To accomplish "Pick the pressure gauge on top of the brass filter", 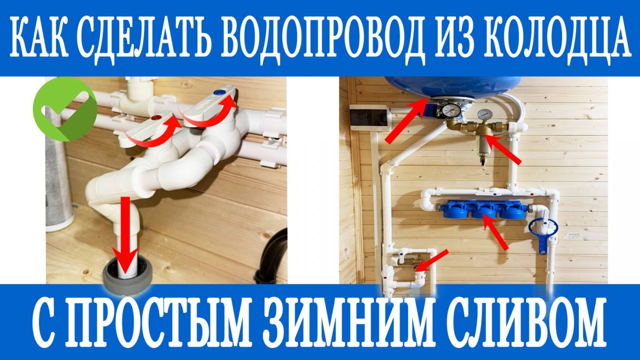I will coord(483,114).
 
